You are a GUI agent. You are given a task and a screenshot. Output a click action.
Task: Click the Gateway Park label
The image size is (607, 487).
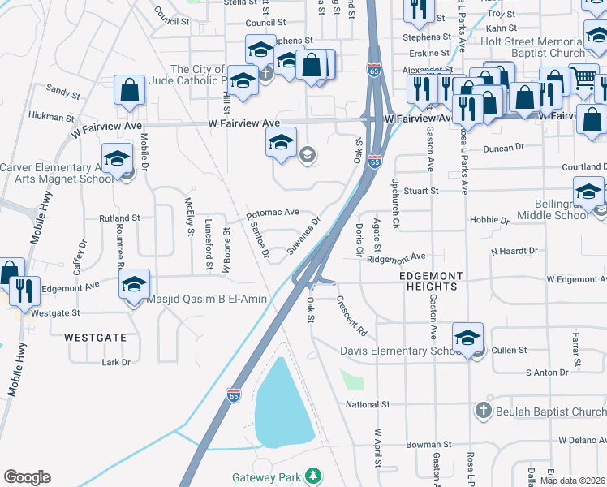(266, 476)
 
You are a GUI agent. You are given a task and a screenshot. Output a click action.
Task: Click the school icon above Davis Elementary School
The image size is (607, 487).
(468, 337)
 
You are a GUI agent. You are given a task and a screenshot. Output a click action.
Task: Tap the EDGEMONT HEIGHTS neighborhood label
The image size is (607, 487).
(428, 282)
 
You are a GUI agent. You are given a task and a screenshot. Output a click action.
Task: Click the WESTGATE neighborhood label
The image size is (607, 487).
(96, 336)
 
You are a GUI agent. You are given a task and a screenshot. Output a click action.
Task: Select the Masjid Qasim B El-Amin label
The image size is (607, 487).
(207, 300)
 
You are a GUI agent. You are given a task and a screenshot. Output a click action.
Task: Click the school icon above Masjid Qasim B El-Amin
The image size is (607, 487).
(134, 283)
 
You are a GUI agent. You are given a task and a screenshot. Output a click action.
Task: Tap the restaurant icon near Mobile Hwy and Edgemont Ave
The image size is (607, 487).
(25, 288)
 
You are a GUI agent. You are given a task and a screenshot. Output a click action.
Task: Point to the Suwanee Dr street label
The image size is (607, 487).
(304, 236)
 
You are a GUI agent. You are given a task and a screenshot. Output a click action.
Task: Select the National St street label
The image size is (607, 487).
(368, 404)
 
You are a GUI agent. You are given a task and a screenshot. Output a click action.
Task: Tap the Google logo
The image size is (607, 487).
(27, 477)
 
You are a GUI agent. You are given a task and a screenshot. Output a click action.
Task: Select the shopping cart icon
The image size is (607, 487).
(583, 79)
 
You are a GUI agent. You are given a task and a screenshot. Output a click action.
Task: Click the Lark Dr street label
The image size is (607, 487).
(116, 362)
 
